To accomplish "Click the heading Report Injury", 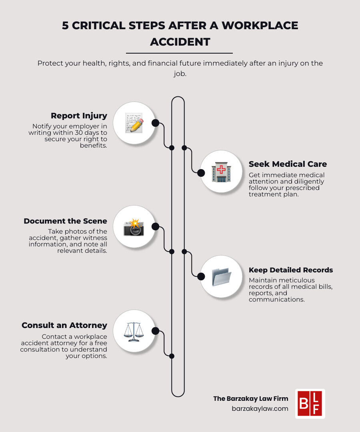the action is (x=79, y=116).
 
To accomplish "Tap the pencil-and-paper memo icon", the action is (x=134, y=123).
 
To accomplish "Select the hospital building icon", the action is (x=221, y=172).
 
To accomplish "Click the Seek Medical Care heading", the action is (x=288, y=164).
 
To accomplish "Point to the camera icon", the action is (x=134, y=227).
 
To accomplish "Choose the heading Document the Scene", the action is (x=65, y=221).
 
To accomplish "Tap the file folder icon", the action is (x=221, y=276).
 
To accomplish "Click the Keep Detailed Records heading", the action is (x=291, y=270).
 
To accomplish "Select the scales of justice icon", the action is (x=134, y=331).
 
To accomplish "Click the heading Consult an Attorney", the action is (x=64, y=325).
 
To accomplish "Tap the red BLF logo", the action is (x=310, y=404).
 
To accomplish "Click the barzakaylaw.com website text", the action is (x=260, y=408).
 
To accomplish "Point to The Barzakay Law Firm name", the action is (x=251, y=398).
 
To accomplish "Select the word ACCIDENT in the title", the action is (x=180, y=42).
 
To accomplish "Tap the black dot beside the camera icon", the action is (x=156, y=227).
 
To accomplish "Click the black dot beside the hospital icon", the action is (x=201, y=173).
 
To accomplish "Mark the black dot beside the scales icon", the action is (x=156, y=331).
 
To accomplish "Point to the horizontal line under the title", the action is (x=179, y=53).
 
